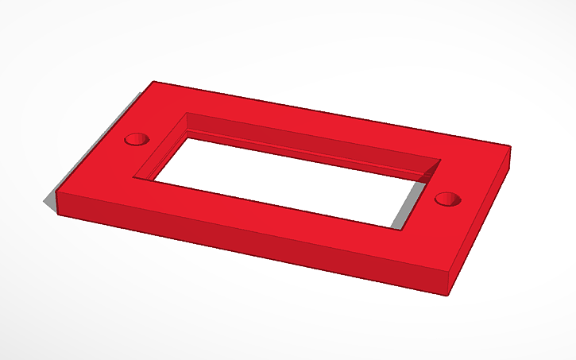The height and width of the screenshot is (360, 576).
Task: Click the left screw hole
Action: (x=137, y=140)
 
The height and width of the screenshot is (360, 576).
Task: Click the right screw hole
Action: (x=448, y=198)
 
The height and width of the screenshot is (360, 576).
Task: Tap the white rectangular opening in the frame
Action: (x=286, y=180)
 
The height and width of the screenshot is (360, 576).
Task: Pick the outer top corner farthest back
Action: (x=153, y=81)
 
